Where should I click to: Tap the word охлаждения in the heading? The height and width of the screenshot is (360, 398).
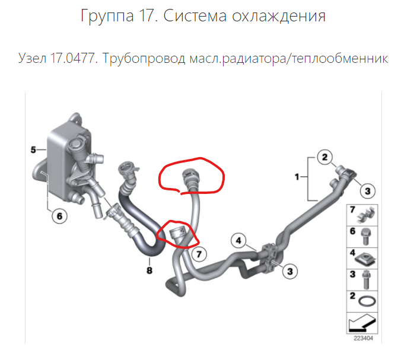coord(279,17)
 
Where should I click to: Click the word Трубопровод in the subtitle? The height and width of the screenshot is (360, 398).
coord(144,59)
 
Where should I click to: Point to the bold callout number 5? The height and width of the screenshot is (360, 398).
coord(33,150)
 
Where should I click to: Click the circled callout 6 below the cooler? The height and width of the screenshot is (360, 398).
coord(59,216)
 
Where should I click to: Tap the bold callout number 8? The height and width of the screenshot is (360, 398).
coord(149,270)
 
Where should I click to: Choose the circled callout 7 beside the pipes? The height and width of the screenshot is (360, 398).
coord(199,254)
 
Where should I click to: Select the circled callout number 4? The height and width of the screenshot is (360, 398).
coord(238,240)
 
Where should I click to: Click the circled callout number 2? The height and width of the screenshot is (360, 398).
coord(325,157)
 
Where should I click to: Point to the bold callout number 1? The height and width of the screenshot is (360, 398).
coord(297,177)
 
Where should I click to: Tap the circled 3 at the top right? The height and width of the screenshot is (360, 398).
coord(368,191)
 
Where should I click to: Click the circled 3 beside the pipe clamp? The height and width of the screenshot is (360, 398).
coord(290,272)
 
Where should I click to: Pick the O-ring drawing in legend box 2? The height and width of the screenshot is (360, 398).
coord(367,302)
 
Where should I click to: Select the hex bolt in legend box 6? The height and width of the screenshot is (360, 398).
coord(366,237)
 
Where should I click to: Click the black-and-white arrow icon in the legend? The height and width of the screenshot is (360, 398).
coord(362,323)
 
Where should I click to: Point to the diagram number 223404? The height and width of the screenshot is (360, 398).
coord(364,338)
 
